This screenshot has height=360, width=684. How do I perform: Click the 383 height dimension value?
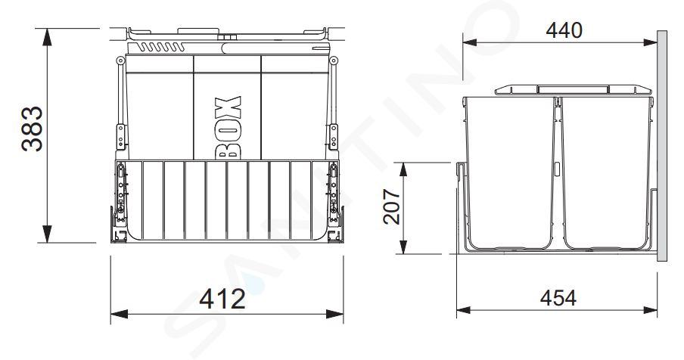33,129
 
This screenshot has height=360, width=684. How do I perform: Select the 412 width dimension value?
222,299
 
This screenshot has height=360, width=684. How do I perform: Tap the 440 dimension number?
564,30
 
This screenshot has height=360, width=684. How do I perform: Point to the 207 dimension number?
391,206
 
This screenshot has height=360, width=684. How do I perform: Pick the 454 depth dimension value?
558,298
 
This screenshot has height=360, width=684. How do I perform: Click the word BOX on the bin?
228,127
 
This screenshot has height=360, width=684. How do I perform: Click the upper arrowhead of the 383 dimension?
47,37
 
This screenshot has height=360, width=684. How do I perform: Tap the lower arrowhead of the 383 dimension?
47,234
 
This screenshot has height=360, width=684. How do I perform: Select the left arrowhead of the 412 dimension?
119,314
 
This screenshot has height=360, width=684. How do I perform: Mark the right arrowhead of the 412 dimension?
334,314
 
